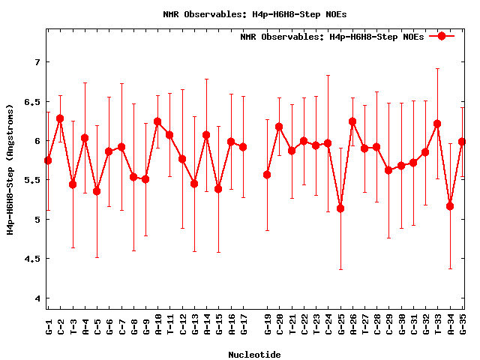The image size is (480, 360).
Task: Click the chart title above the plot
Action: pos(255,14)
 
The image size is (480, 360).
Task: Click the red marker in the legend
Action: pos(442,36)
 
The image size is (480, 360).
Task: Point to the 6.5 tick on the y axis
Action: pos(34,101)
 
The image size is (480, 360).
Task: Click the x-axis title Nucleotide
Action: pos(255,355)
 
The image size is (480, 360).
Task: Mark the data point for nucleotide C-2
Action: pos(60,118)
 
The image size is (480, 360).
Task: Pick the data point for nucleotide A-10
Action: pos(157,121)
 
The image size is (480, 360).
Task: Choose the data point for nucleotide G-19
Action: pos(267,175)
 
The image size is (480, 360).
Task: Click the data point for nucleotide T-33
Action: pos(438,124)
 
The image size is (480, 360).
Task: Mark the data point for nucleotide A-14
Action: pos(206,135)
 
